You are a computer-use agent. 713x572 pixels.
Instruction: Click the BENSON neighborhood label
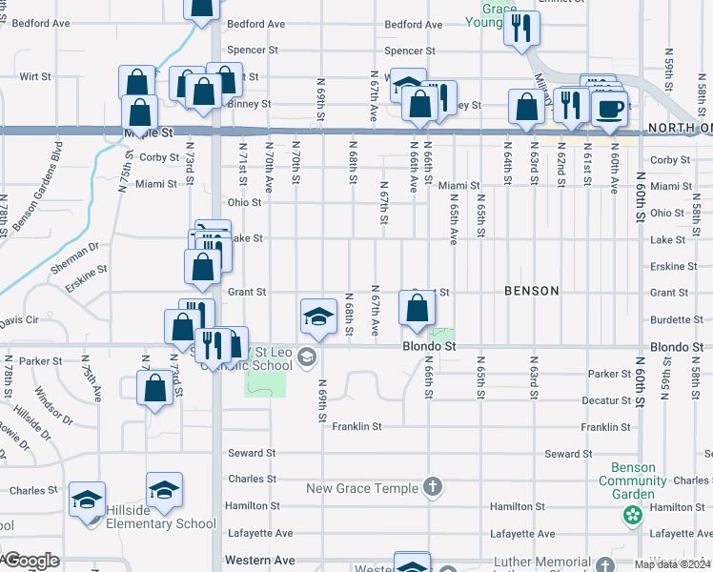pyautogui.click(x=531, y=291)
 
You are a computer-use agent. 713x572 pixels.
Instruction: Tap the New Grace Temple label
pyautogui.click(x=362, y=489)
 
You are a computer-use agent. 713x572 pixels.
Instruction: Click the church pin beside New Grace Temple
pyautogui.click(x=433, y=488)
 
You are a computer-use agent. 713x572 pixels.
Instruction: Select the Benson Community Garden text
pyautogui.click(x=626, y=481)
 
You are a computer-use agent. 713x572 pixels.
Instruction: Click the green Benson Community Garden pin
pyautogui.click(x=631, y=516)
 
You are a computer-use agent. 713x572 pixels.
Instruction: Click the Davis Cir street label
pyautogui.click(x=19, y=319)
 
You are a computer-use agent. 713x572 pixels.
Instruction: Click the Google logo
pyautogui.click(x=31, y=561)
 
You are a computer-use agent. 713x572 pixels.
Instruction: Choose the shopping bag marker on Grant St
pyautogui.click(x=417, y=308)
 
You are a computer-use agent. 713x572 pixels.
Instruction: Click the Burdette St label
pyautogui.click(x=669, y=320)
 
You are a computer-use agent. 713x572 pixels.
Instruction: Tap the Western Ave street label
pyautogui.click(x=259, y=561)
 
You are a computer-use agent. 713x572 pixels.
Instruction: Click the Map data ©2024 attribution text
pyautogui.click(x=672, y=564)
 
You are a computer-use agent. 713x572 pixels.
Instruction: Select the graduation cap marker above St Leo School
pyautogui.click(x=318, y=317)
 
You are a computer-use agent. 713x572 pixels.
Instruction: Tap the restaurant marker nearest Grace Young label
pyautogui.click(x=520, y=28)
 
